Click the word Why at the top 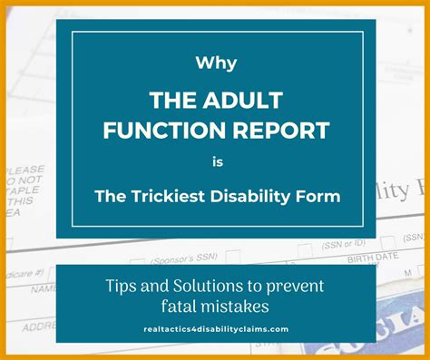click(215, 65)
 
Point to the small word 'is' click(215, 163)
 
